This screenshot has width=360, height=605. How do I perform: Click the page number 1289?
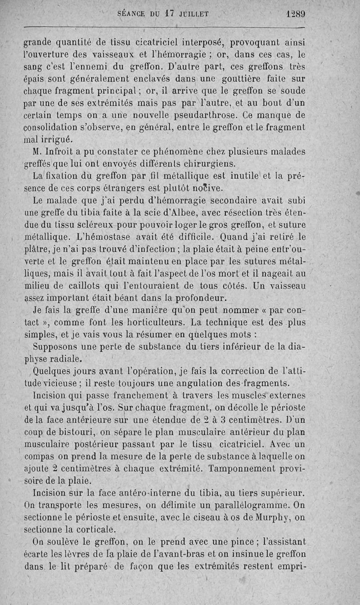pos(295,14)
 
